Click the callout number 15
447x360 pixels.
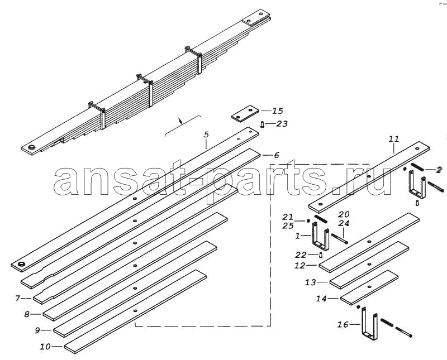[277, 111]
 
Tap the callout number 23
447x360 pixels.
[282, 123]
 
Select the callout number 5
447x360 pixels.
[206, 135]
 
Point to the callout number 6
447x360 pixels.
[276, 155]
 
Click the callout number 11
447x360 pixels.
[394, 140]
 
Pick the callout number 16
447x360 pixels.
[343, 324]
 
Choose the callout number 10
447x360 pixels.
[45, 347]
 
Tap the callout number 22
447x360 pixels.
[301, 255]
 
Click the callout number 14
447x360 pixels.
[321, 299]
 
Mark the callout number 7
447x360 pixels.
[18, 298]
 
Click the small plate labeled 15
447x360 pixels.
[245, 114]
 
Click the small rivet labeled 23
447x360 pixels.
[262, 124]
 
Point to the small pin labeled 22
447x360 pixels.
[321, 255]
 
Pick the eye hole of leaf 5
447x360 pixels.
[21, 264]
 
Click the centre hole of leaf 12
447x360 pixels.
[369, 242]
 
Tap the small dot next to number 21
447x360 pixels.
[308, 220]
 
